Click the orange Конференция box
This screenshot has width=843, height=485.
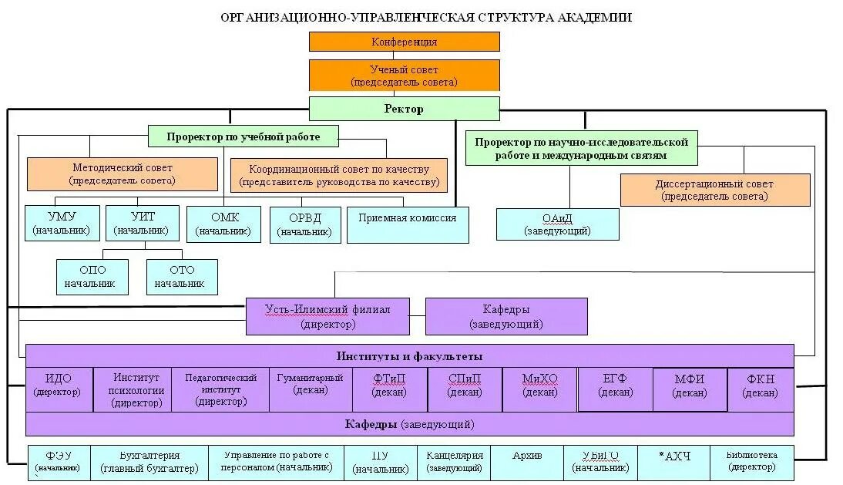[x=404, y=42]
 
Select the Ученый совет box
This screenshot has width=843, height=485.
[x=404, y=76]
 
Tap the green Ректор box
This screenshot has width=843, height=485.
[x=404, y=109]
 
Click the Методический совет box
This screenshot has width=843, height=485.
[x=123, y=174]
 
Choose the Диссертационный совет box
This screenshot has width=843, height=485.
[x=714, y=190]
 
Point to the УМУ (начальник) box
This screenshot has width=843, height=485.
[x=62, y=224]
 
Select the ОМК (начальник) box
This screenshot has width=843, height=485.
[x=224, y=224]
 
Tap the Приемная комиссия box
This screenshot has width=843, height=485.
[x=408, y=224]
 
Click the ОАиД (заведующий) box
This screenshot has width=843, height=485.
[x=557, y=224]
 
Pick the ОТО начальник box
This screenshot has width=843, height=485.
[x=182, y=277]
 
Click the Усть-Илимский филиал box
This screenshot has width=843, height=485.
[x=327, y=316]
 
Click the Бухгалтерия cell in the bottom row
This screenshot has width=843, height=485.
[x=149, y=463]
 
